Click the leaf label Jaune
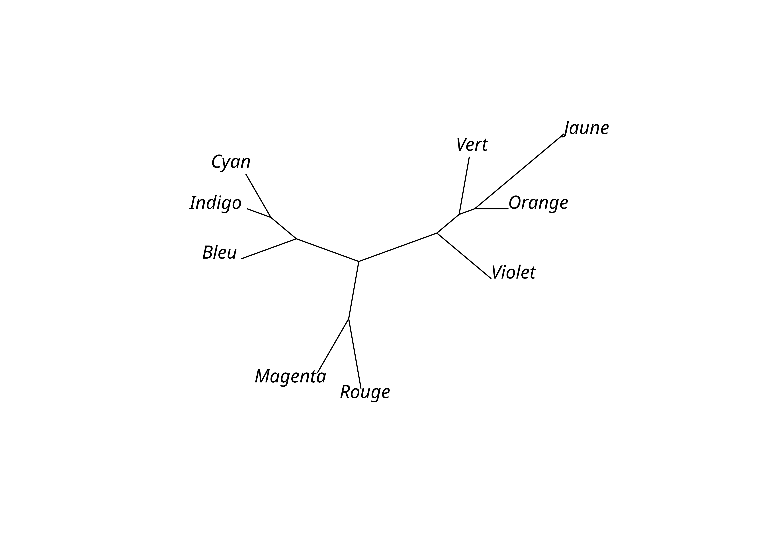pyautogui.click(x=586, y=128)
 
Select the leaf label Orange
pyautogui.click(x=538, y=203)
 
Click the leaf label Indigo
pyautogui.click(x=216, y=203)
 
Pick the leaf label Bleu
pyautogui.click(x=220, y=253)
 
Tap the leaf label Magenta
pyautogui.click(x=290, y=376)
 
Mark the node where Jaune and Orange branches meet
pyautogui.click(x=475, y=209)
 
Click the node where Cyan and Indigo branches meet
pyautogui.click(x=271, y=217)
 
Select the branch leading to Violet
pyautogui.click(x=464, y=256)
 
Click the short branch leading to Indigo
pyautogui.click(x=259, y=213)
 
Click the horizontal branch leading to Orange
pyautogui.click(x=491, y=209)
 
